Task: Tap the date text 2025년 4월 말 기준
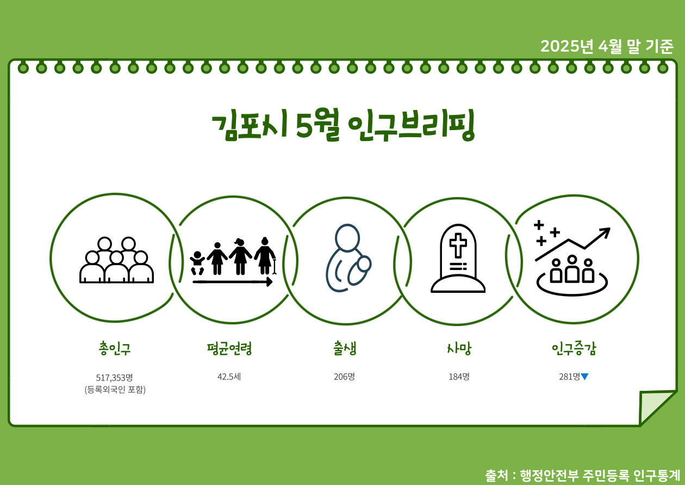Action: (607, 47)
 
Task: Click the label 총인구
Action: (115, 348)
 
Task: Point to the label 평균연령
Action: (229, 348)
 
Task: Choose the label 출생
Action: (345, 348)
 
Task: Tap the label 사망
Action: (458, 348)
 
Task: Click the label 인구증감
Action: (574, 348)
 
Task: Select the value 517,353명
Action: (115, 377)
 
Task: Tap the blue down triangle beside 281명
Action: (585, 377)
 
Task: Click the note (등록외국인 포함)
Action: (115, 390)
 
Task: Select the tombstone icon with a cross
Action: (458, 259)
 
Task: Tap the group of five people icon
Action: (116, 260)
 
